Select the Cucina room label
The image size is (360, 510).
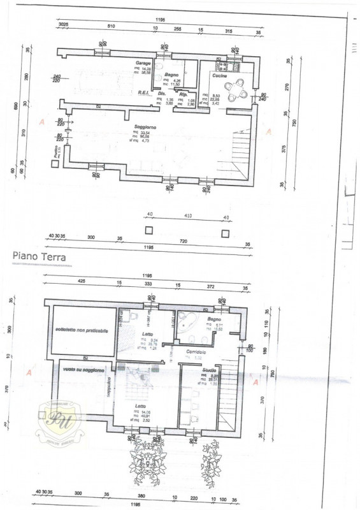click(x=220, y=75)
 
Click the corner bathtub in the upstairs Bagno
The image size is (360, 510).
click(x=189, y=323)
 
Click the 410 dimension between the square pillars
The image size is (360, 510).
click(x=188, y=216)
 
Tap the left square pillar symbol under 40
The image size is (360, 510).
click(x=149, y=231)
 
